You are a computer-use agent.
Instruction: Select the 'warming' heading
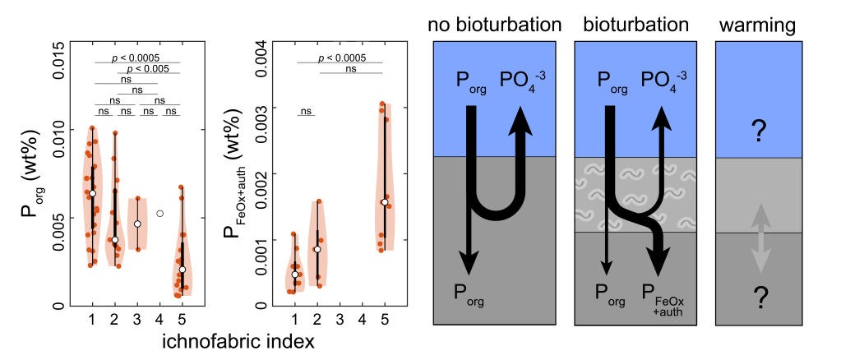coord(757,25)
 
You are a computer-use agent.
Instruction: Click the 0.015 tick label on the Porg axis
coord(59,60)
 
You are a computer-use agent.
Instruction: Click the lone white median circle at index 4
coord(160,214)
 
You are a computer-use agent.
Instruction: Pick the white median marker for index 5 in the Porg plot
coord(183,270)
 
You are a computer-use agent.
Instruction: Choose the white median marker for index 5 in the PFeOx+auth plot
coord(384,201)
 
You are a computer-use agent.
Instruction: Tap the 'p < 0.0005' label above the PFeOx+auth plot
coord(341,58)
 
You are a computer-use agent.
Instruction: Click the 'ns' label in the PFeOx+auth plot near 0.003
coord(306,111)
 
